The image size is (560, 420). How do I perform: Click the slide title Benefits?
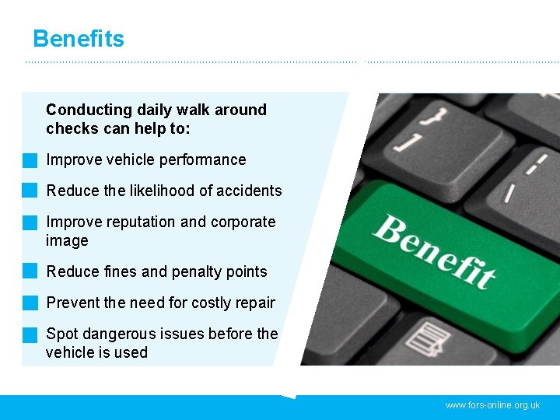[79, 38]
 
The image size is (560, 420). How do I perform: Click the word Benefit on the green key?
[435, 251]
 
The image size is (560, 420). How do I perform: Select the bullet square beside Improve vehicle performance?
[30, 161]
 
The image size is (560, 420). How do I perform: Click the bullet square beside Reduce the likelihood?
[30, 191]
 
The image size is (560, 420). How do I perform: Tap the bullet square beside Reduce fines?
[30, 271]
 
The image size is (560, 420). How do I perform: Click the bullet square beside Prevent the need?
[30, 303]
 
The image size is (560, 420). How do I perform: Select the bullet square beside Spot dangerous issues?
[30, 334]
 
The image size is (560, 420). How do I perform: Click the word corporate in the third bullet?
[242, 222]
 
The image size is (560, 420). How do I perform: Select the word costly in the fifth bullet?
[211, 303]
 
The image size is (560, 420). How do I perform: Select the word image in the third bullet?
[67, 241]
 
